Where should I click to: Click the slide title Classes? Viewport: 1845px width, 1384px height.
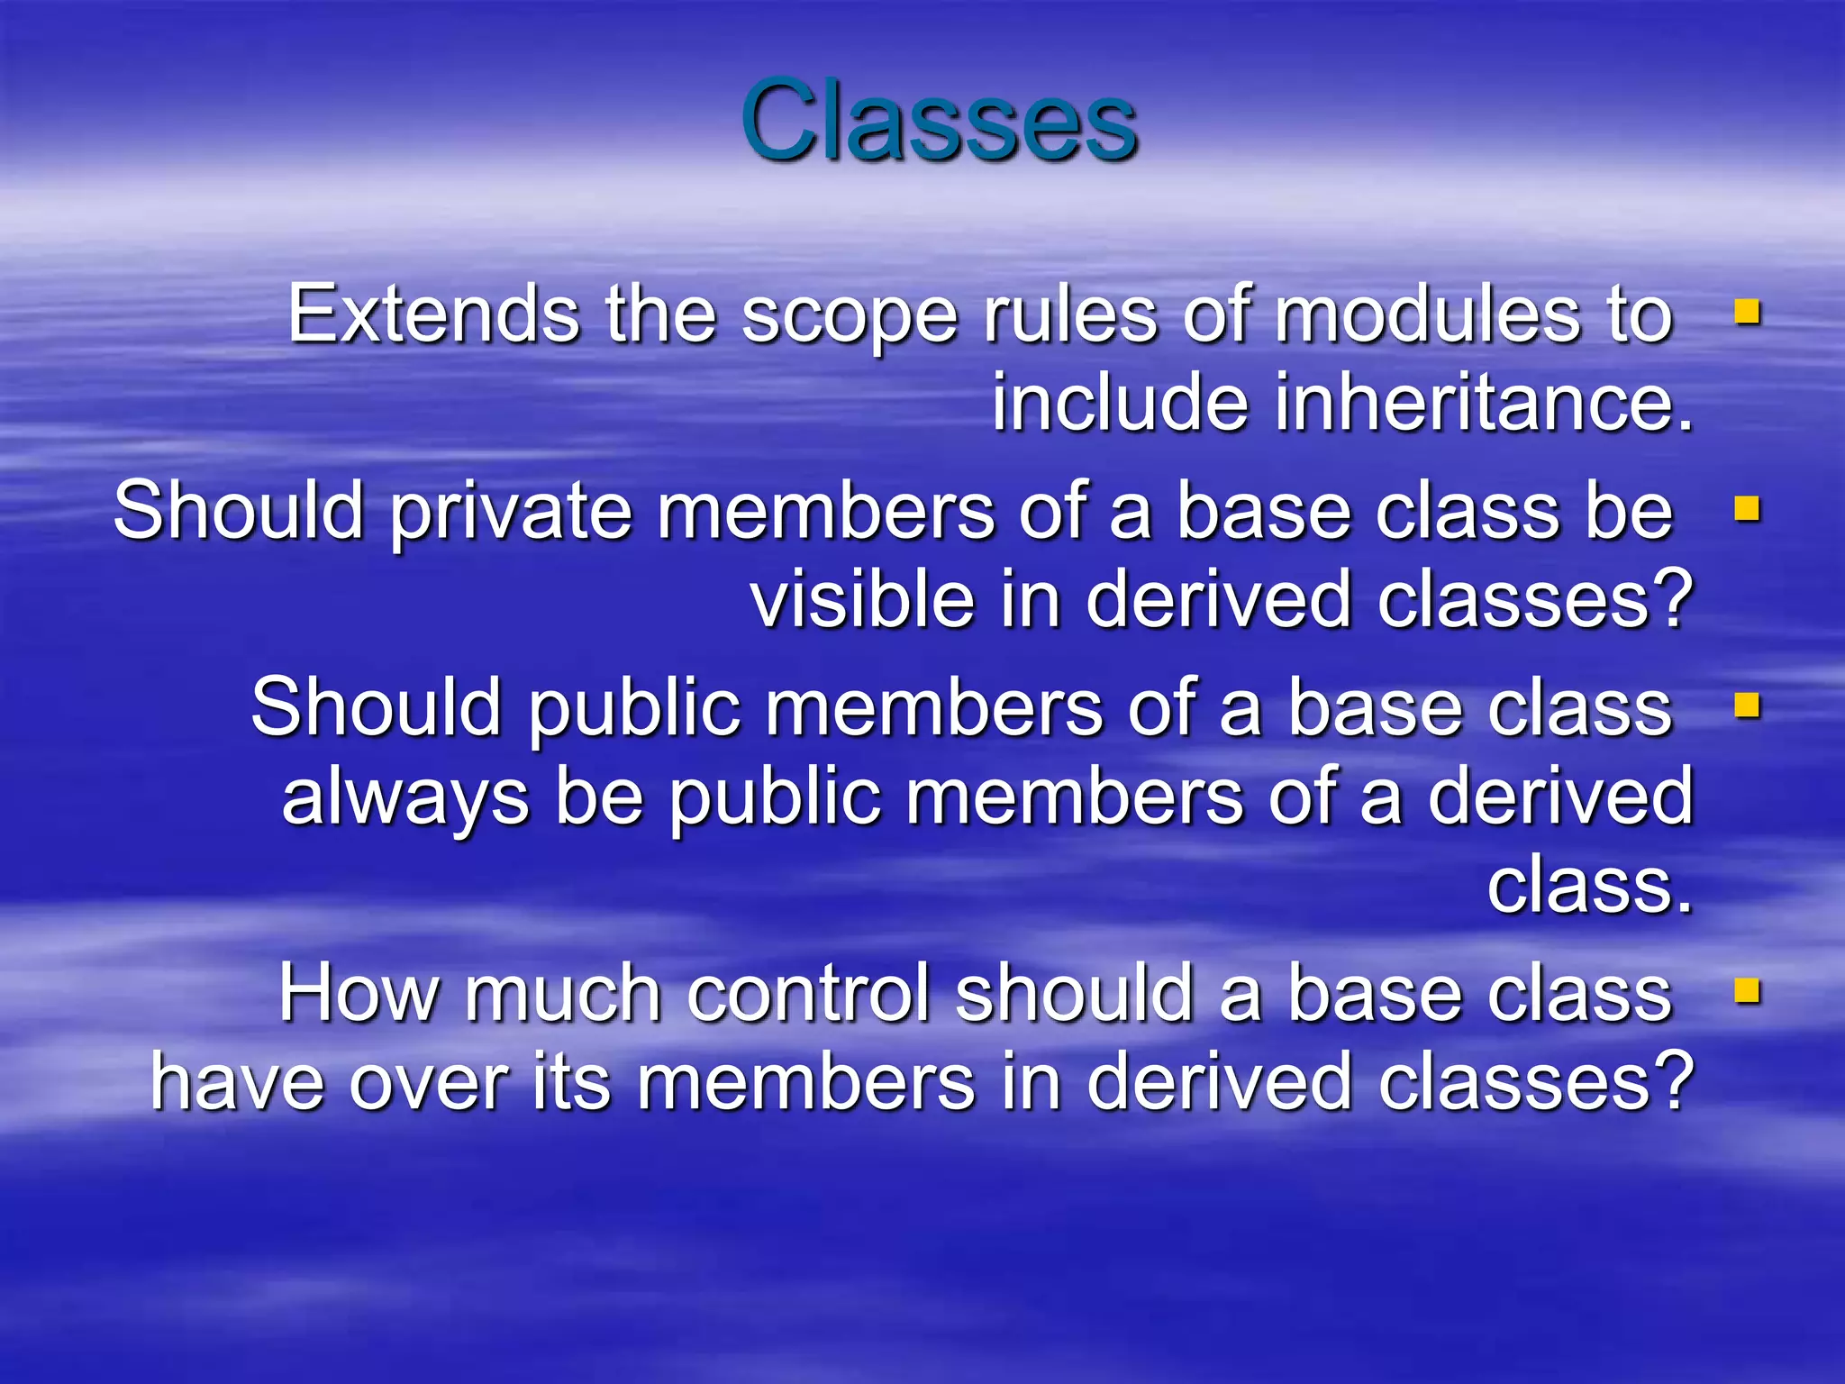pyautogui.click(x=939, y=121)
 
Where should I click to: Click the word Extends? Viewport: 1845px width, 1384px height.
pyautogui.click(x=433, y=314)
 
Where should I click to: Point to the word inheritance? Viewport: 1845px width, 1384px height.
pyautogui.click(x=1484, y=403)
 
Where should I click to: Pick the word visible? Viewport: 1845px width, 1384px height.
pyautogui.click(x=862, y=600)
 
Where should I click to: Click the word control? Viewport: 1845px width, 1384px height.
pyautogui.click(x=808, y=993)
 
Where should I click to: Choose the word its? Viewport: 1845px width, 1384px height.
pyautogui.click(x=571, y=1081)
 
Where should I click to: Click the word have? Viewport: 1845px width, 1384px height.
pyautogui.click(x=237, y=1081)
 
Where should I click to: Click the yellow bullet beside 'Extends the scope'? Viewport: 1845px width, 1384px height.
pyautogui.click(x=1747, y=313)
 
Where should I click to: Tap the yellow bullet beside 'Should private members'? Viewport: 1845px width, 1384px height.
pyautogui.click(x=1747, y=509)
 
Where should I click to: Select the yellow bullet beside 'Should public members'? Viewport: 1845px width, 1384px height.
pyautogui.click(x=1747, y=706)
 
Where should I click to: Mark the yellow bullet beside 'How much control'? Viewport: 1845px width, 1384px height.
pyautogui.click(x=1747, y=991)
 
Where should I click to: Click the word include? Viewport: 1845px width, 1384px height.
pyautogui.click(x=1120, y=403)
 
